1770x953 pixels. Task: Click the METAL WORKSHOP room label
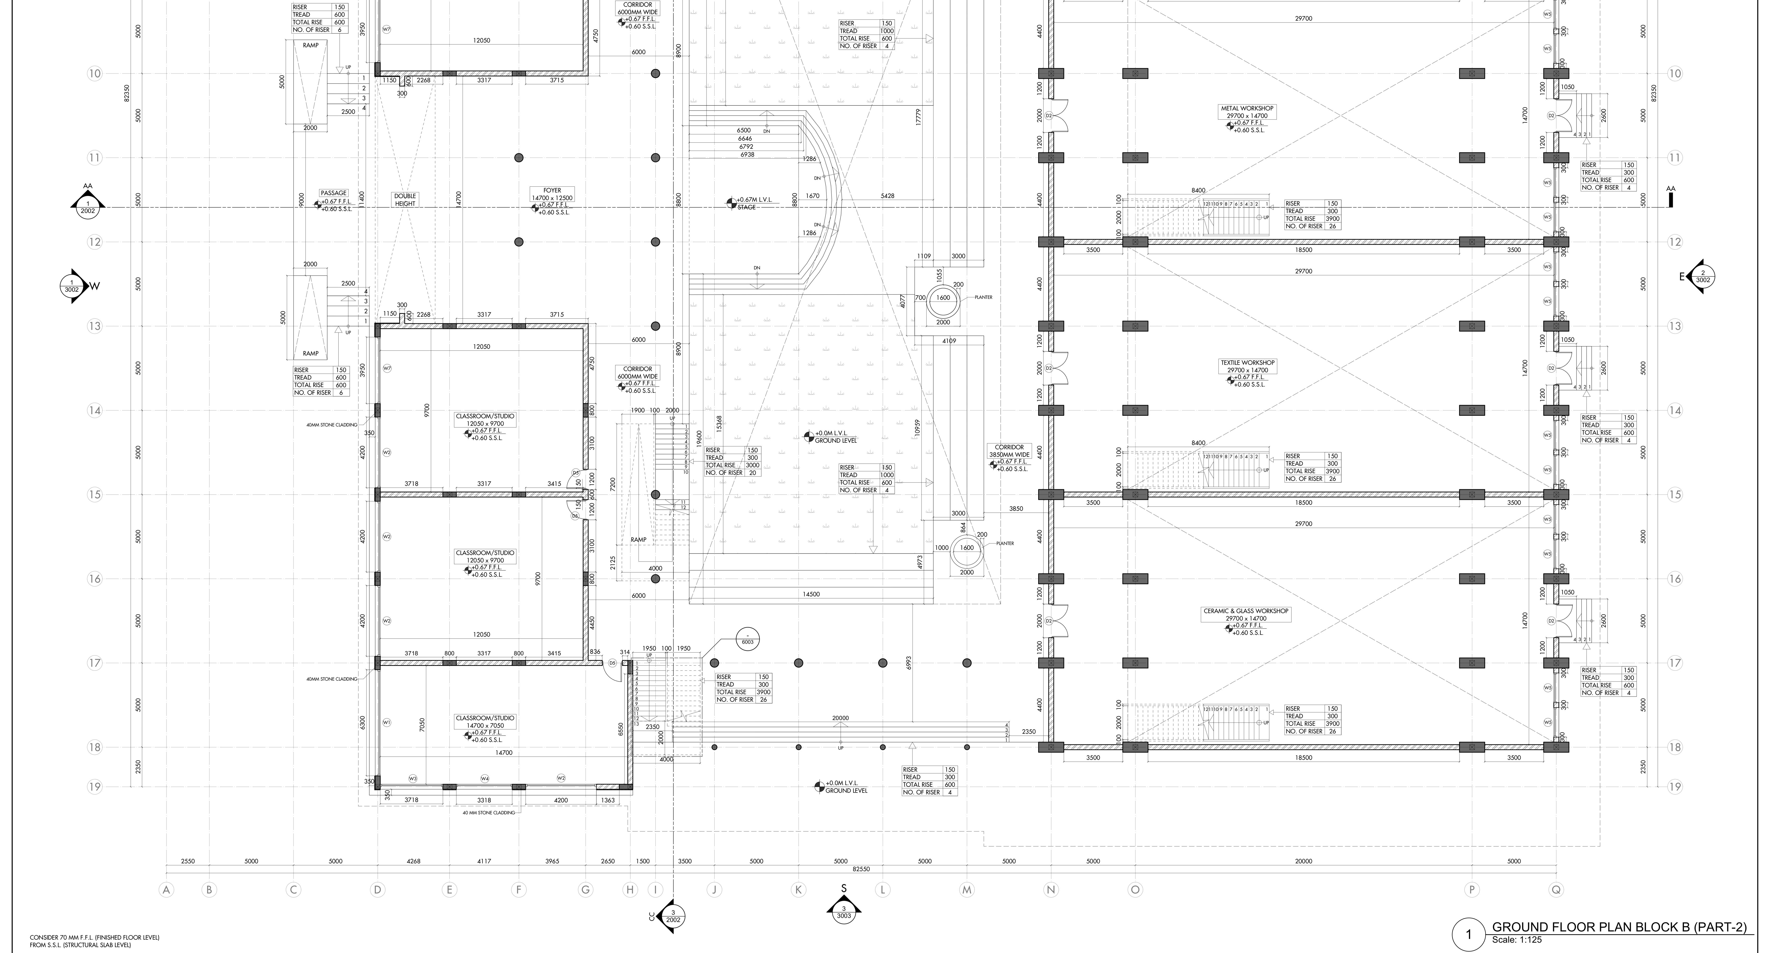(x=1246, y=109)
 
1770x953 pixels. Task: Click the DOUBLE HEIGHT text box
(x=405, y=199)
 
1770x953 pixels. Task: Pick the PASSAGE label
(x=333, y=193)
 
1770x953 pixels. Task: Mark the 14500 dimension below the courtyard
(x=811, y=594)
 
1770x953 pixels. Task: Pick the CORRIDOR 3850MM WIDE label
(x=1009, y=451)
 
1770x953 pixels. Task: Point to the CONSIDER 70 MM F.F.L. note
(x=94, y=937)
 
